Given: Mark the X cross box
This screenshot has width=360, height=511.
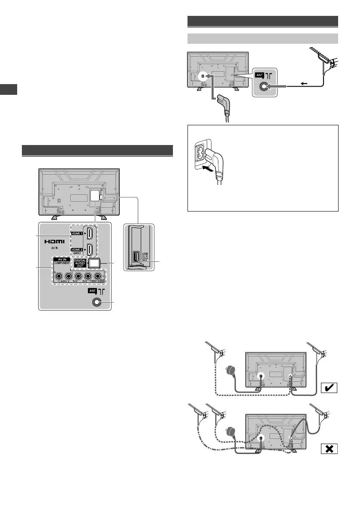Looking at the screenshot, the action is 328,449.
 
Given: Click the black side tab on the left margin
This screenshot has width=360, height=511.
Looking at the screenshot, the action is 8,89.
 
